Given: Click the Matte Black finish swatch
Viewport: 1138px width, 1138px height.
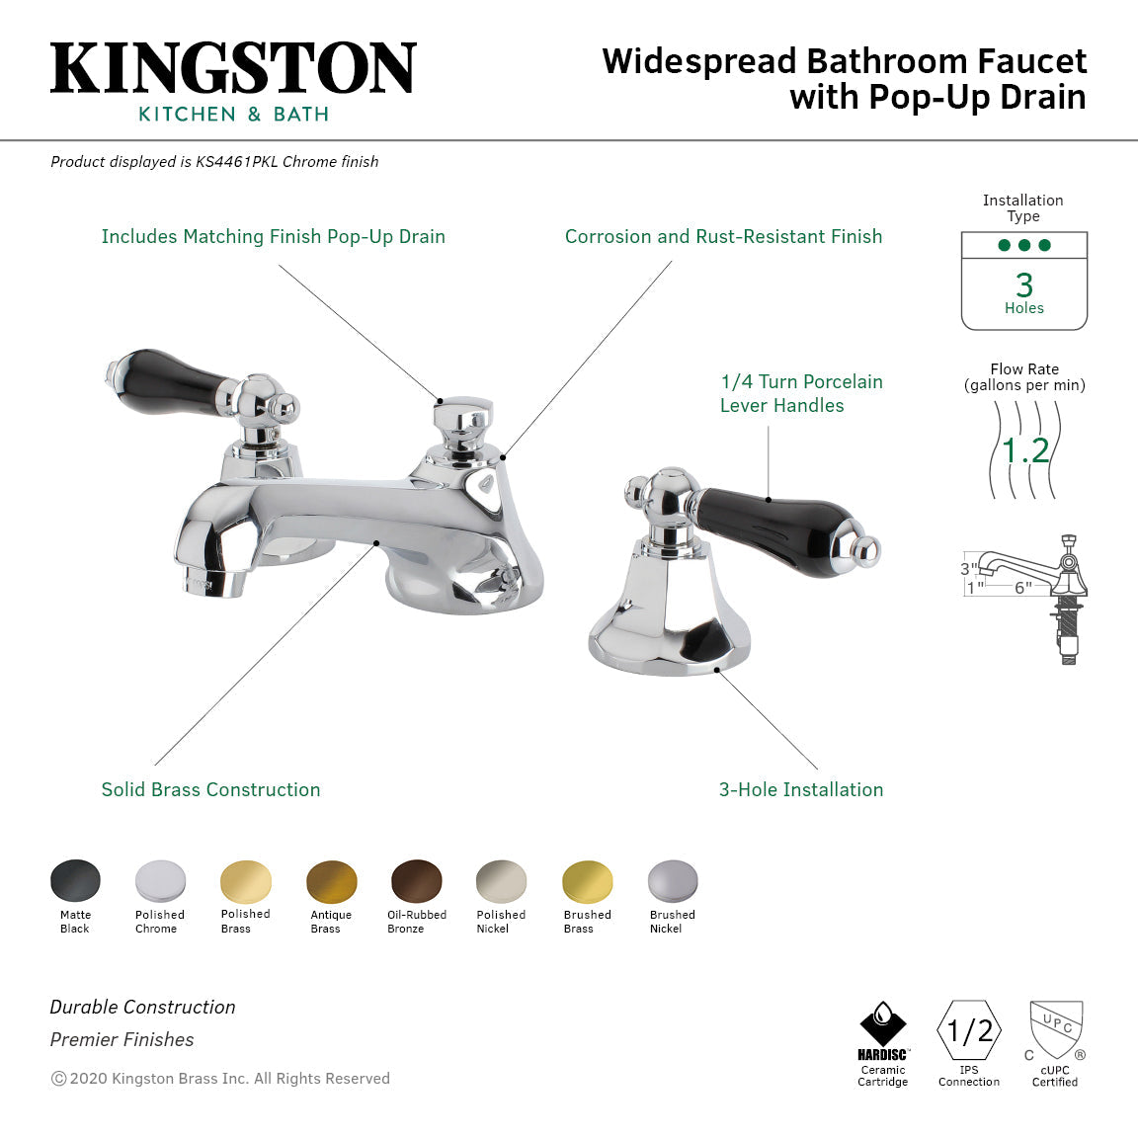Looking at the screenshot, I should point(75,881).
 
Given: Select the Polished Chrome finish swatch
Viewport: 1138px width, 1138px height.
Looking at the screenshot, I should point(160,881).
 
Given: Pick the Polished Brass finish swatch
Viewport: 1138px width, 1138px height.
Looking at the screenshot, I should point(246,881).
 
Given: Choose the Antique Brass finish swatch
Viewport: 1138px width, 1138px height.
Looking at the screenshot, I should point(332,881).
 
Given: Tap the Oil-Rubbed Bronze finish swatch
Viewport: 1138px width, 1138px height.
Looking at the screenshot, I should point(417,881).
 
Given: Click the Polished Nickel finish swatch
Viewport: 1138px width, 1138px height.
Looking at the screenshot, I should point(502,881).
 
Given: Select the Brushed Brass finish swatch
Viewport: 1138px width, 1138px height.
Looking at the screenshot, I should point(588,881).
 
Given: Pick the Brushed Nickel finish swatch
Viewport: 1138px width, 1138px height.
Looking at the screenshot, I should point(673,881).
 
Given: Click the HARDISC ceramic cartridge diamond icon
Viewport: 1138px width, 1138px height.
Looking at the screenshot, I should point(882,1024).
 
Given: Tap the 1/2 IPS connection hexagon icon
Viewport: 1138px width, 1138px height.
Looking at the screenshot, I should point(969,1030).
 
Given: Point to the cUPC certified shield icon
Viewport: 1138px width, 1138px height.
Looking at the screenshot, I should point(1056,1029).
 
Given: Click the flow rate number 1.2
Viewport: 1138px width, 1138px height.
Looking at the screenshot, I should point(1025,450).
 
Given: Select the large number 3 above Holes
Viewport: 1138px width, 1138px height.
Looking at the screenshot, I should point(1024,285).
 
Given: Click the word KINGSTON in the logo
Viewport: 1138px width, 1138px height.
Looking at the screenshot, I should point(233,69).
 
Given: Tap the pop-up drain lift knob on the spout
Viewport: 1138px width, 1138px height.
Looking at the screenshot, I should point(462,415).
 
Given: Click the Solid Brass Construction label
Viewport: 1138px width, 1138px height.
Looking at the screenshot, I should point(210,789).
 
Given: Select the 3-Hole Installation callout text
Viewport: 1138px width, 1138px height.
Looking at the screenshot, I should point(801,789).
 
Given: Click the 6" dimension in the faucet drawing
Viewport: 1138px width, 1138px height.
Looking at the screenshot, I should point(1022,588).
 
